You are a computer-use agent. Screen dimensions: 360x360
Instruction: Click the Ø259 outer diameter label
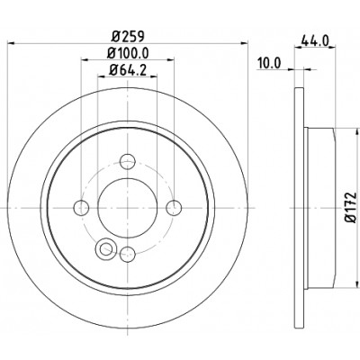128,36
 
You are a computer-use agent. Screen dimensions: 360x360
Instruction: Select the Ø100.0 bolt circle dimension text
128,53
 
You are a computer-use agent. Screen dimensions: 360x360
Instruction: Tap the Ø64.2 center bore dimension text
128,70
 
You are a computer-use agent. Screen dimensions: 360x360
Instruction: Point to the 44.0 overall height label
315,40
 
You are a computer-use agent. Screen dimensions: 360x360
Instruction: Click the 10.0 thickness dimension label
268,63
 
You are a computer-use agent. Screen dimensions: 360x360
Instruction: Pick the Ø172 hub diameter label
350,207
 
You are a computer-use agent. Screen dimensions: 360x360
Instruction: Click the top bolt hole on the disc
128,162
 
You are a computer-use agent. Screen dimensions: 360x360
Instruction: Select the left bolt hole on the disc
81,208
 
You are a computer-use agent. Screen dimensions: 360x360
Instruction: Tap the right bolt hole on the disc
174,208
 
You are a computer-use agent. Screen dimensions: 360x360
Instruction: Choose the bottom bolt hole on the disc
128,254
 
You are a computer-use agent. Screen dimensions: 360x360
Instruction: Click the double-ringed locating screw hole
105,248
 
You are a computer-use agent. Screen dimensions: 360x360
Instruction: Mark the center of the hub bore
128,208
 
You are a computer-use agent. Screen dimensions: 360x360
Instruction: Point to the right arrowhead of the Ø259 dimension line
245,43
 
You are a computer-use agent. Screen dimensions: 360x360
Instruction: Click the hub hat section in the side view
319,208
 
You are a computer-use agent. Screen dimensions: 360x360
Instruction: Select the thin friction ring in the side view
299,208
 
